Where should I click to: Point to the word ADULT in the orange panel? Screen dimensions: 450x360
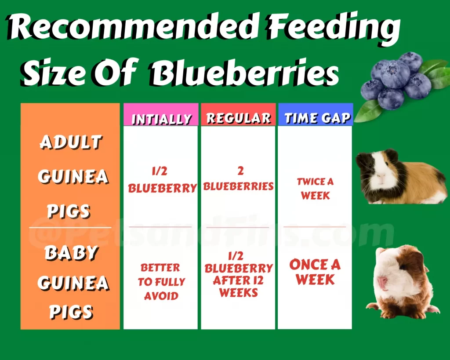pyautogui.click(x=71, y=142)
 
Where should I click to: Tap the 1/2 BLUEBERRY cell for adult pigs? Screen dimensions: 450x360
pyautogui.click(x=162, y=180)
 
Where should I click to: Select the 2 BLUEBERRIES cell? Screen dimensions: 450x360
pyautogui.click(x=239, y=178)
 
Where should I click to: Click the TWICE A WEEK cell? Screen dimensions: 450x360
pyautogui.click(x=315, y=189)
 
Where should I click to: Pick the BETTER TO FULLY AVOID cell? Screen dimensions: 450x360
pyautogui.click(x=161, y=282)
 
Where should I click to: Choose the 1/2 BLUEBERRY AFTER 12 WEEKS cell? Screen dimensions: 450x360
pyautogui.click(x=239, y=274)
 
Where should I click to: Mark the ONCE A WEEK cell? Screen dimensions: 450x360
pyautogui.click(x=315, y=272)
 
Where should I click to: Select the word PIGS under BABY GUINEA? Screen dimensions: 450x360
pyautogui.click(x=71, y=312)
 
